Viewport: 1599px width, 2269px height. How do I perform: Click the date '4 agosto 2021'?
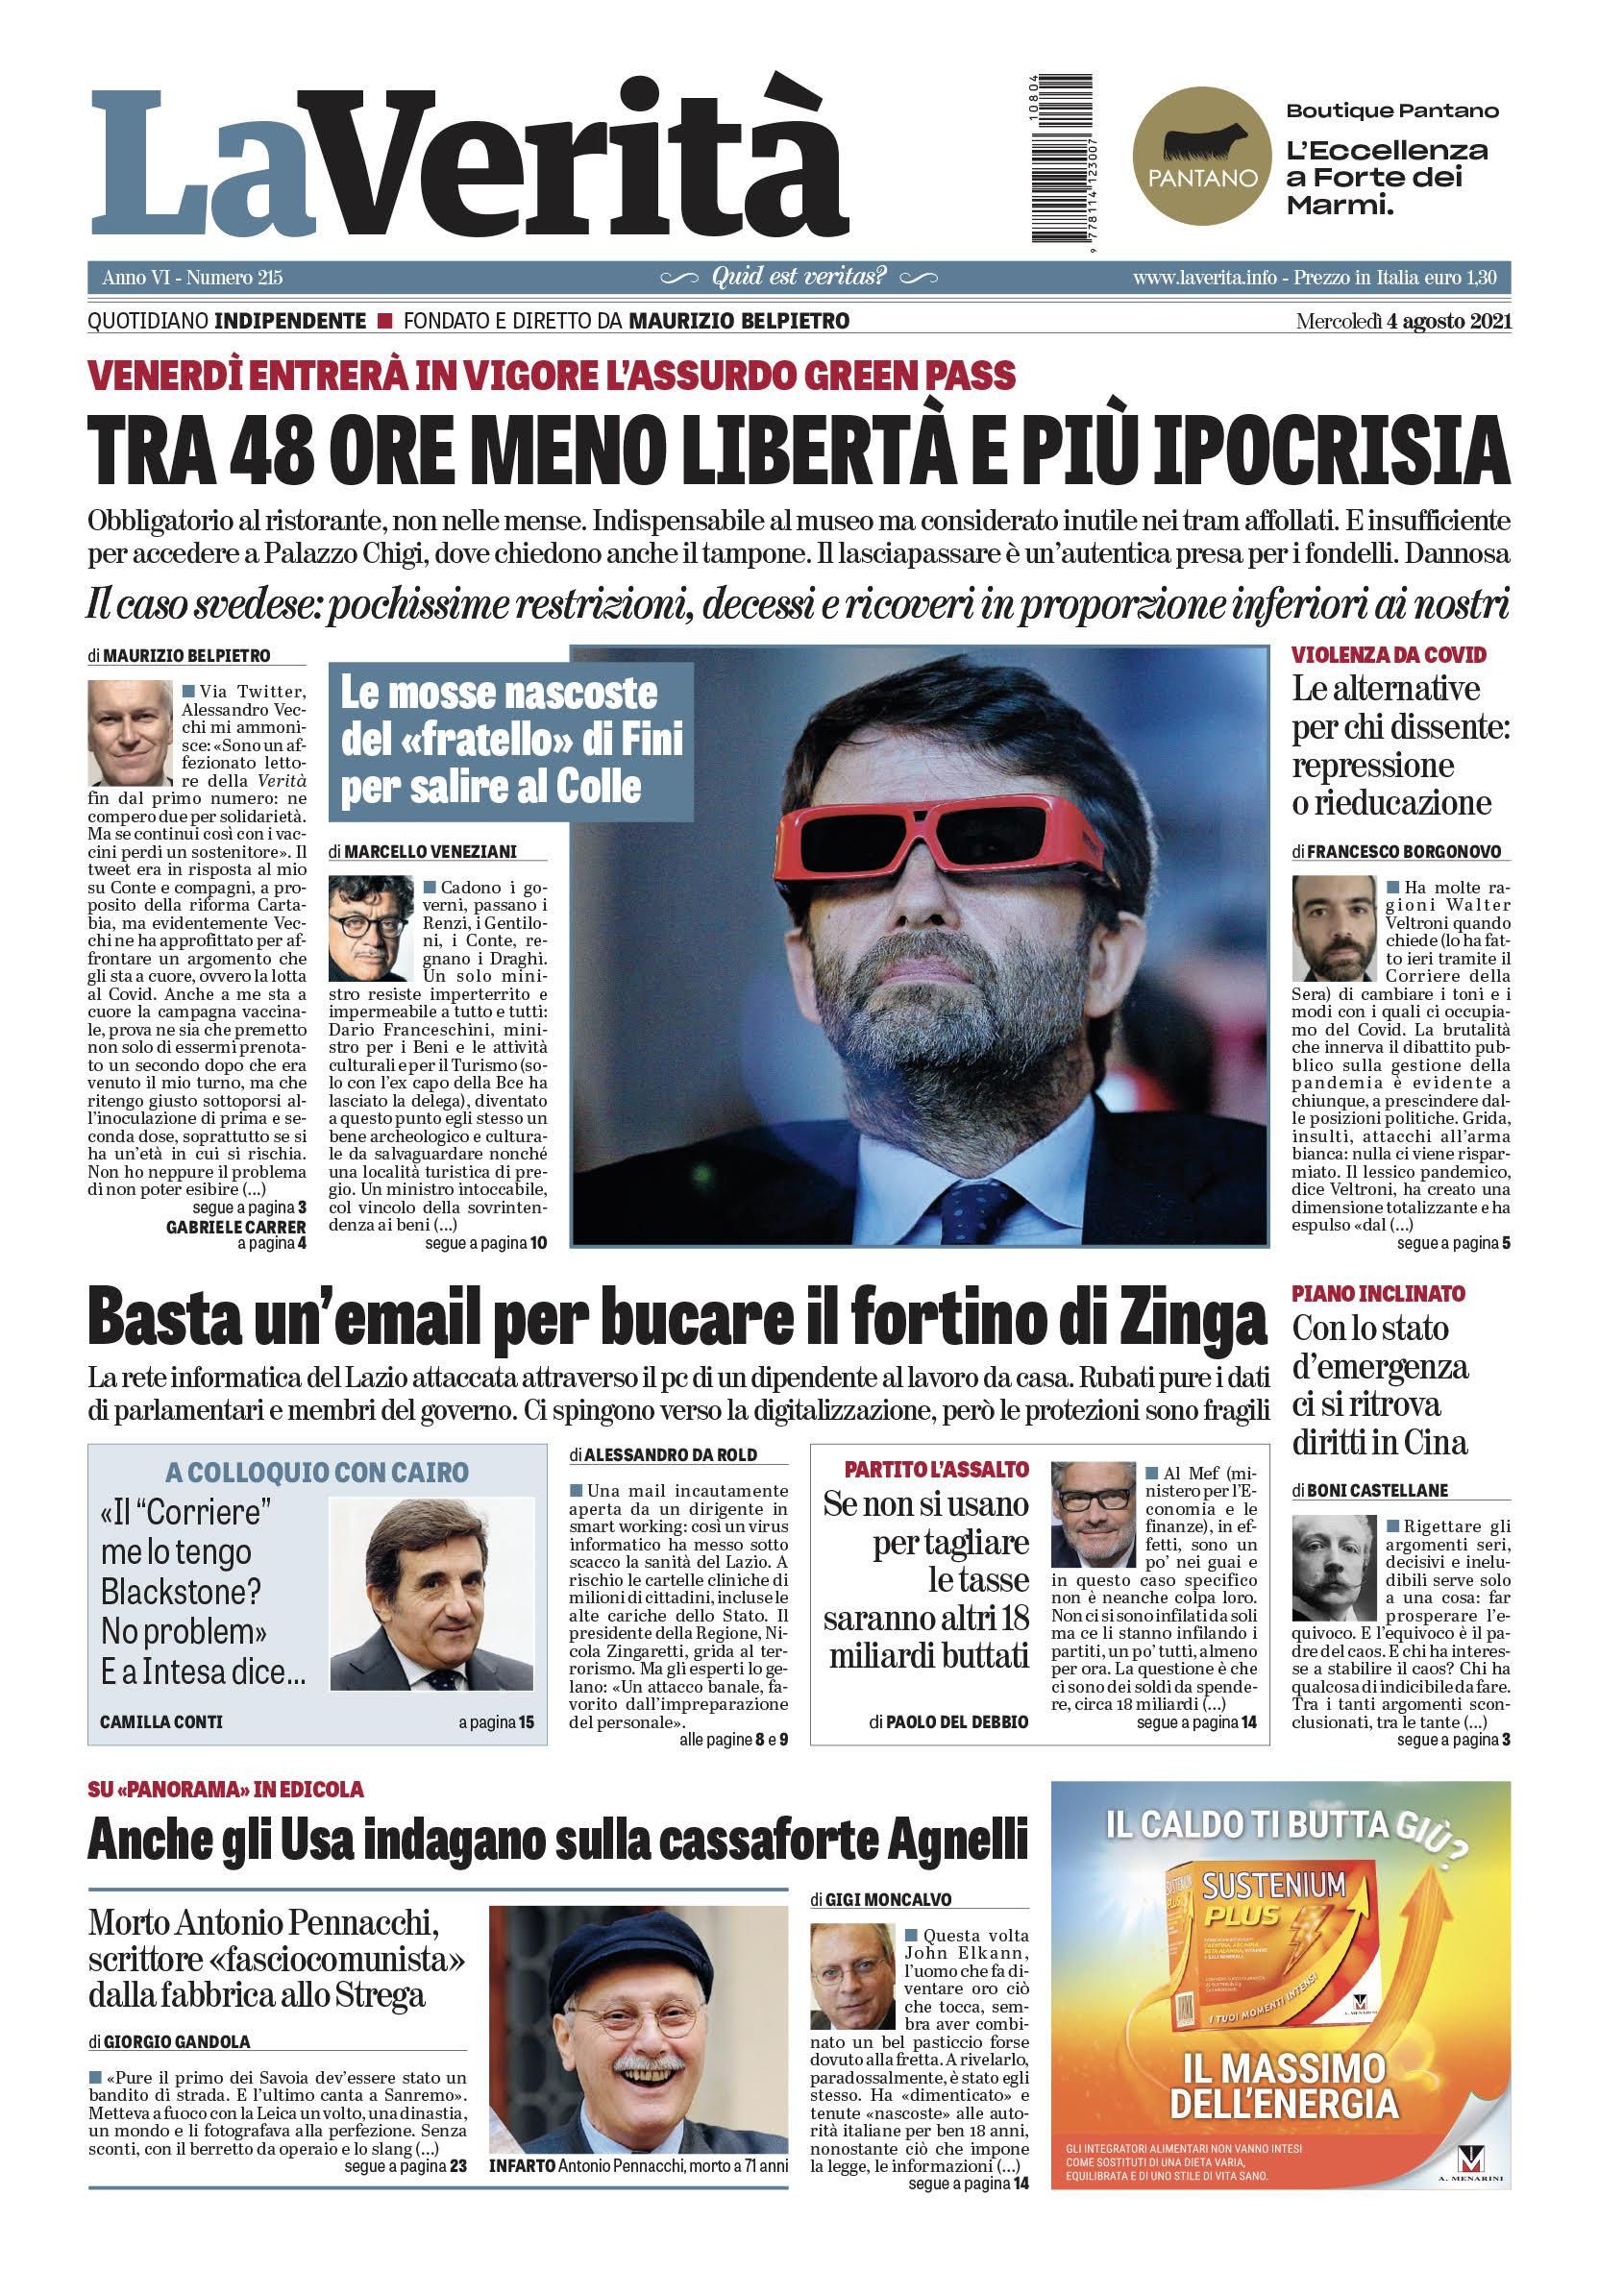1448,321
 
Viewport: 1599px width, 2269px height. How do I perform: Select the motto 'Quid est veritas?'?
799,277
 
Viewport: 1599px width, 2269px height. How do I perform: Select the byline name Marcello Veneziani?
430,852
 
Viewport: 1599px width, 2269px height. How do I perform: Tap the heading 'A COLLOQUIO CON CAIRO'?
316,1474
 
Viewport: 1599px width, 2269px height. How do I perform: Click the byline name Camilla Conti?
161,1721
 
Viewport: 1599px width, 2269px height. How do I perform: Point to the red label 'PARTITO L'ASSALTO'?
936,1470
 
